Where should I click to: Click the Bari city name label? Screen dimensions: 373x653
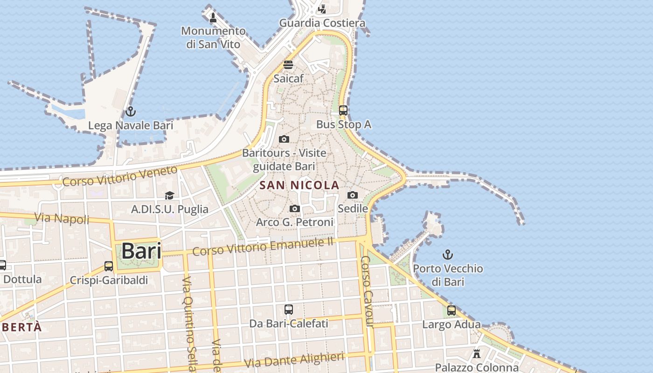pyautogui.click(x=141, y=251)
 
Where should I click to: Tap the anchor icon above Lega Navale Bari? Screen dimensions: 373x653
pyautogui.click(x=131, y=111)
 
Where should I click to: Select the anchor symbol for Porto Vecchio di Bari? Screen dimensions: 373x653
pyautogui.click(x=448, y=255)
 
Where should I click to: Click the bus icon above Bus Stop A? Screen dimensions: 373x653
pyautogui.click(x=343, y=111)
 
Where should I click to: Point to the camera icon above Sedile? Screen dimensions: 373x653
pyautogui.click(x=353, y=195)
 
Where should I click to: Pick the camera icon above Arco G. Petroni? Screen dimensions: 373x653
pyautogui.click(x=295, y=208)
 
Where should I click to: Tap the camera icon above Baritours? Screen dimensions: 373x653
pyautogui.click(x=284, y=139)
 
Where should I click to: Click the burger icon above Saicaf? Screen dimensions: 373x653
pyautogui.click(x=288, y=65)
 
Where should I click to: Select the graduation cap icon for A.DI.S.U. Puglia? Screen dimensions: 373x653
pyautogui.click(x=169, y=195)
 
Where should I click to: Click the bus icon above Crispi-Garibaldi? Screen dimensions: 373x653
pyautogui.click(x=109, y=266)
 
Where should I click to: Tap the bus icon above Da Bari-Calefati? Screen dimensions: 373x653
pyautogui.click(x=289, y=309)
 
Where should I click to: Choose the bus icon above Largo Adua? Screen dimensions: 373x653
pyautogui.click(x=452, y=311)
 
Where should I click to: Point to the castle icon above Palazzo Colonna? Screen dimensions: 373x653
pyautogui.click(x=477, y=353)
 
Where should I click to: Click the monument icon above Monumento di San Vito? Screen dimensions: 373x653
pyautogui.click(x=213, y=18)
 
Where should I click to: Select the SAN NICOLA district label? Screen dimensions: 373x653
pyautogui.click(x=299, y=185)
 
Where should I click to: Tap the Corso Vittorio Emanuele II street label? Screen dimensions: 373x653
pyautogui.click(x=263, y=247)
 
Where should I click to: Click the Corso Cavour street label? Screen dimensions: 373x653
pyautogui.click(x=368, y=291)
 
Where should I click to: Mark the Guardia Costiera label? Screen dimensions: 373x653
pyautogui.click(x=322, y=23)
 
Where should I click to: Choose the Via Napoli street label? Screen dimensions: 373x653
pyautogui.click(x=62, y=218)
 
